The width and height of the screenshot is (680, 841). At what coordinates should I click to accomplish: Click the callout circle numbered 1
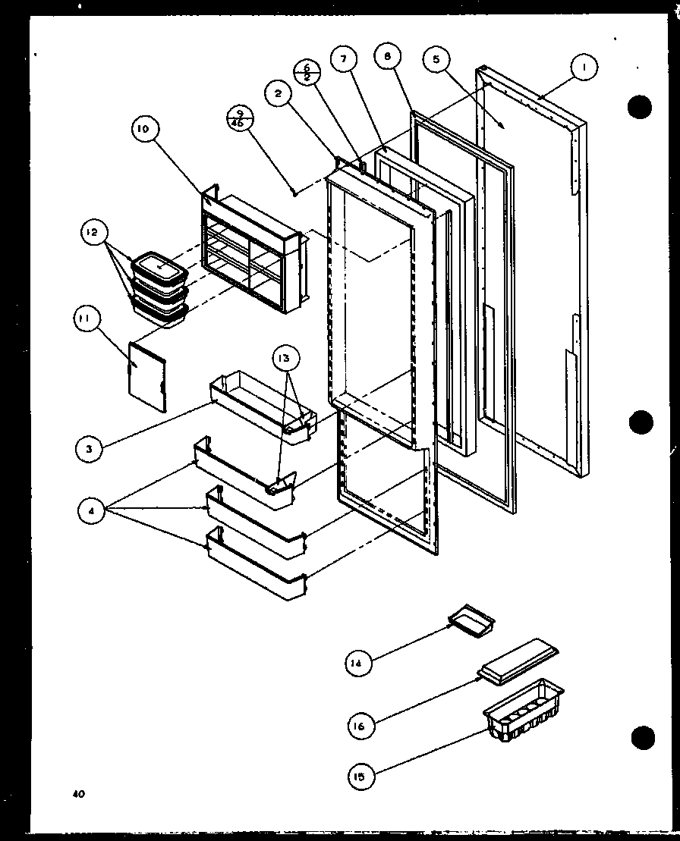point(584,68)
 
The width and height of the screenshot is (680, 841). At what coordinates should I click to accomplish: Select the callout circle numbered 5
point(438,60)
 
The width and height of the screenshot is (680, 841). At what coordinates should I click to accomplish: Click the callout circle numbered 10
point(143,129)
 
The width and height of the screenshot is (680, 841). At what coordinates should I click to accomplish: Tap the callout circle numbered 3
point(90,449)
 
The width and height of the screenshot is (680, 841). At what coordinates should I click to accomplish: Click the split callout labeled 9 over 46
point(240,120)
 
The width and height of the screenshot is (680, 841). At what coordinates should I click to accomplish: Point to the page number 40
point(78,794)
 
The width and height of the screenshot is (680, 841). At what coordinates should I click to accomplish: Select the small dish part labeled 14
point(471,621)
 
